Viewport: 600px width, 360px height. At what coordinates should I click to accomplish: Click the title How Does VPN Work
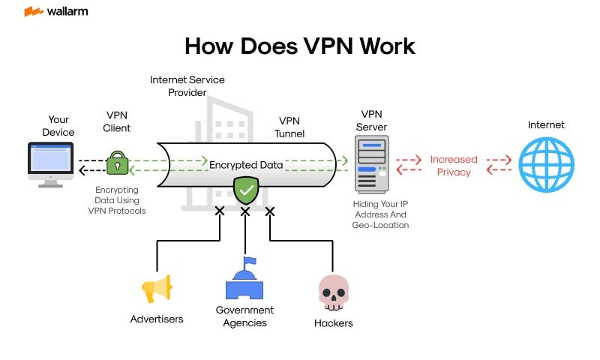pyautogui.click(x=300, y=46)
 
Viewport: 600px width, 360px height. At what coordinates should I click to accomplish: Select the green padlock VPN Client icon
pyautogui.click(x=117, y=163)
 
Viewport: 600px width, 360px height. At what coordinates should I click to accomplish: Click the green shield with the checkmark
pyautogui.click(x=245, y=190)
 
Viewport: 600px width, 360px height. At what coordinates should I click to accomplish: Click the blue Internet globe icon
pyautogui.click(x=546, y=165)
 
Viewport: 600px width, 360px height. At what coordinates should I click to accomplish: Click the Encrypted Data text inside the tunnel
pyautogui.click(x=245, y=164)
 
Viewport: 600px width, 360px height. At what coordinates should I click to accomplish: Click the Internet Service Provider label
pyautogui.click(x=187, y=85)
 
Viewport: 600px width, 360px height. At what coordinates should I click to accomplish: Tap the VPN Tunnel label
pyautogui.click(x=289, y=127)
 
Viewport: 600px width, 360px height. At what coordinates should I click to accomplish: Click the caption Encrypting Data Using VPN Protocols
pyautogui.click(x=117, y=200)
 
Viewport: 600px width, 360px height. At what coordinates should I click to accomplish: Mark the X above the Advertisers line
pyautogui.click(x=220, y=211)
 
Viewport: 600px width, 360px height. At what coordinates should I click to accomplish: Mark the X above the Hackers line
pyautogui.click(x=270, y=211)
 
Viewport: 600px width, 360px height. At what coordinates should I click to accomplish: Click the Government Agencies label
pyautogui.click(x=244, y=316)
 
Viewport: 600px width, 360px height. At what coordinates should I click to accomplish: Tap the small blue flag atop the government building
pyautogui.click(x=250, y=261)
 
